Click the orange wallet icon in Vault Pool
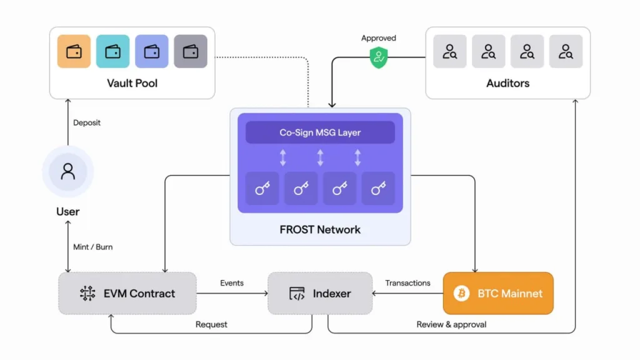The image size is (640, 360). [x=74, y=51]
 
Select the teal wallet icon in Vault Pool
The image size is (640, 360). [x=113, y=51]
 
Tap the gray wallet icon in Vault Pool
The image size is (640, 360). [x=191, y=51]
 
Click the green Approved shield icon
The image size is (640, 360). [x=378, y=58]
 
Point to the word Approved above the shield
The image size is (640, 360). [x=378, y=38]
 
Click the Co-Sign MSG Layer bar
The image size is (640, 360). [x=320, y=132]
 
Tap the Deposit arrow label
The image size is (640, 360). [x=87, y=122]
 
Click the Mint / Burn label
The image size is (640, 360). [x=93, y=247]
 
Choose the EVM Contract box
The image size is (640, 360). [x=127, y=293]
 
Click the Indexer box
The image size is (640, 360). [x=320, y=293]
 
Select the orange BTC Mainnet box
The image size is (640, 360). [x=498, y=293]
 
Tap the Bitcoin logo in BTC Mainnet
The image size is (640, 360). [x=461, y=293]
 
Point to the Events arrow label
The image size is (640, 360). [x=232, y=283]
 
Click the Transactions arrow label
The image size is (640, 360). [x=407, y=283]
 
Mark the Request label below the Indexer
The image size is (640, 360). [x=211, y=324]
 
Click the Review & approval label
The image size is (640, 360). [x=451, y=324]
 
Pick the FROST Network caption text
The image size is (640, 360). [x=320, y=229]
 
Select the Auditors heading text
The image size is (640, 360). [x=507, y=82]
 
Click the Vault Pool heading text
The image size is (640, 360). [x=132, y=82]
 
